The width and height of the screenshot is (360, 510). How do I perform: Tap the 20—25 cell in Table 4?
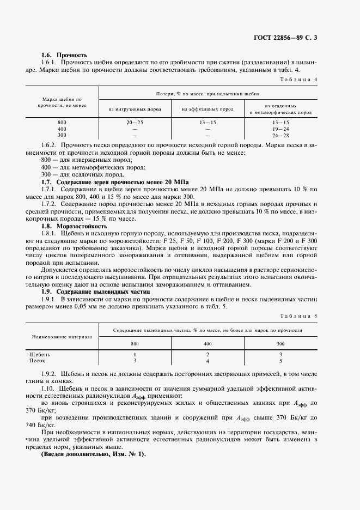click(x=135, y=123)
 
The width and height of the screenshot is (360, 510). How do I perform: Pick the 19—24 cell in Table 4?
click(x=280, y=129)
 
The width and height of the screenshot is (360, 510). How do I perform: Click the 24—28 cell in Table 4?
click(x=280, y=135)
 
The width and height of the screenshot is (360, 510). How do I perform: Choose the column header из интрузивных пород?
click(x=135, y=109)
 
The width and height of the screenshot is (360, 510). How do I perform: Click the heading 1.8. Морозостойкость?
click(x=75, y=226)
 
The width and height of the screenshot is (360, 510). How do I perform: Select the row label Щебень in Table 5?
click(x=39, y=355)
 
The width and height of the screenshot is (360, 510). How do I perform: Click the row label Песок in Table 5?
click(x=37, y=361)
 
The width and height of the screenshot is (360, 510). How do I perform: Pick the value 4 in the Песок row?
click(x=208, y=361)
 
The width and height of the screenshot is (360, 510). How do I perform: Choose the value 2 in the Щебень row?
click(x=208, y=355)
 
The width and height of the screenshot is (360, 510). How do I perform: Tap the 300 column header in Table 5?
click(x=280, y=344)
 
